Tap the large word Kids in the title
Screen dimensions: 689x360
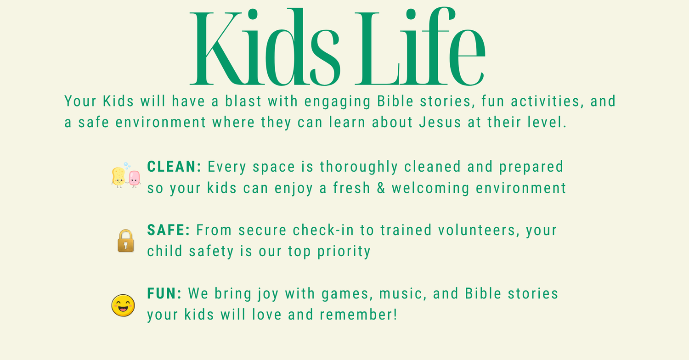(x=265, y=47)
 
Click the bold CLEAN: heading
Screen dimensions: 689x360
(x=174, y=167)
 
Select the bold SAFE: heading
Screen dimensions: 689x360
(x=169, y=230)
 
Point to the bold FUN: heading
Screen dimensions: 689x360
(x=164, y=293)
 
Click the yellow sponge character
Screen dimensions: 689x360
(x=119, y=177)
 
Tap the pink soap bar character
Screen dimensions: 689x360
(x=135, y=178)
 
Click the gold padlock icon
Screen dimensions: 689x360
(x=125, y=241)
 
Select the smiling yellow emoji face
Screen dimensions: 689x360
(x=123, y=305)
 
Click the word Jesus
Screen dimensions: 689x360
(x=440, y=122)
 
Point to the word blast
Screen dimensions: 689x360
(x=243, y=101)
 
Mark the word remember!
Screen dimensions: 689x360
(x=358, y=315)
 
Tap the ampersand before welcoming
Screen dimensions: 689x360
(x=381, y=188)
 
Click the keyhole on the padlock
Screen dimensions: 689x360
(x=125, y=245)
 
